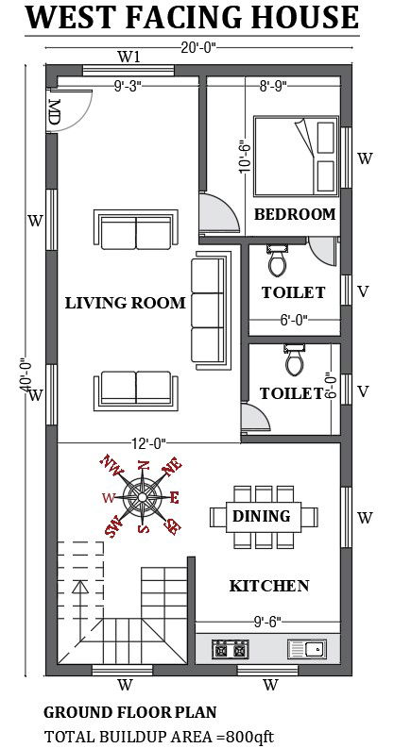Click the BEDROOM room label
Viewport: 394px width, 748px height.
tap(294, 214)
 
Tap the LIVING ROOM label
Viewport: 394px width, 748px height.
tap(125, 303)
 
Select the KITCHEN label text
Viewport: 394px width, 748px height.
tap(269, 586)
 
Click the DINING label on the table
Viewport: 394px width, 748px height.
tap(261, 516)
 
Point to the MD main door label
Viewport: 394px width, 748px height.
tap(54, 112)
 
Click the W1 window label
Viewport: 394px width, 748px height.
tap(128, 58)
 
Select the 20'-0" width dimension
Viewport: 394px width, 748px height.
tap(198, 47)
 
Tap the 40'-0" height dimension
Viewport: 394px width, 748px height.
tap(25, 376)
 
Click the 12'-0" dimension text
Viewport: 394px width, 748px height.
tap(148, 443)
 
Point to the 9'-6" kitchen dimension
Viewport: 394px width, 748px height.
tap(266, 621)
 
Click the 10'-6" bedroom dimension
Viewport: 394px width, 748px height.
tap(245, 156)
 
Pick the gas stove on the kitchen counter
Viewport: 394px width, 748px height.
tap(231, 649)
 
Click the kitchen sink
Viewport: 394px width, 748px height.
tap(307, 649)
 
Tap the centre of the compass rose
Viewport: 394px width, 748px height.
tap(143, 497)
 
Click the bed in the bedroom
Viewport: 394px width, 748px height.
tap(296, 156)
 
